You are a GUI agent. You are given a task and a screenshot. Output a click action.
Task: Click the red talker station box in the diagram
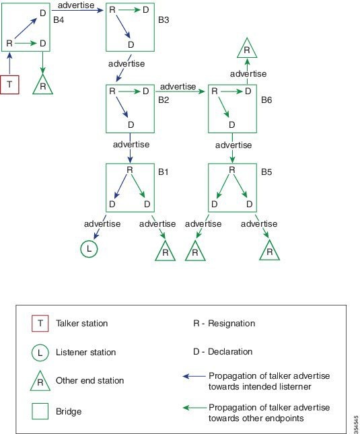coord(9,84)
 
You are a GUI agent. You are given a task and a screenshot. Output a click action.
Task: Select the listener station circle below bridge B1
coord(89,249)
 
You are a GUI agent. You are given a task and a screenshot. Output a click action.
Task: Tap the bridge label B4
coord(59,20)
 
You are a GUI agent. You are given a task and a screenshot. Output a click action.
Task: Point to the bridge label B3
coord(164,20)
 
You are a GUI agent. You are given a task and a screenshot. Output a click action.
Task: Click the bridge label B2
coord(164,100)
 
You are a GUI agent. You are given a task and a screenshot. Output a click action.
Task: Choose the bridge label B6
coord(266,100)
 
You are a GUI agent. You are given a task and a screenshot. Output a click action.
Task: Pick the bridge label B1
coord(164,172)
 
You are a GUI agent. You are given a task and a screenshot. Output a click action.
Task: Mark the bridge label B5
coord(266,172)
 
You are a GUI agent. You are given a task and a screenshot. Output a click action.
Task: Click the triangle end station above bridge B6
coord(247,49)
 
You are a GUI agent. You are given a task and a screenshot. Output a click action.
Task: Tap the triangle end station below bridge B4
coord(42,85)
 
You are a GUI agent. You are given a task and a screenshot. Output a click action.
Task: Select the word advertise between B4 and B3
coord(76,5)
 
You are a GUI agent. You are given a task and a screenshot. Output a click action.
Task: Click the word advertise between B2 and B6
coord(178,87)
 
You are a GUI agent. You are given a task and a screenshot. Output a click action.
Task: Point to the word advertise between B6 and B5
coord(233,145)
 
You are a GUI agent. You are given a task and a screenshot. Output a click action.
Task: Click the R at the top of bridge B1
coord(129,170)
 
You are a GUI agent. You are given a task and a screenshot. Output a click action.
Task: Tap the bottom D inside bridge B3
coord(131,44)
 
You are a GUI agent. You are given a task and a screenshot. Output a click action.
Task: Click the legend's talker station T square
coord(40,323)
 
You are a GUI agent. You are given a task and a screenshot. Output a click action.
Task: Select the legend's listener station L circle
coord(40,353)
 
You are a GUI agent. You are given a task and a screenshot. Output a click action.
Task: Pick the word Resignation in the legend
coord(231,323)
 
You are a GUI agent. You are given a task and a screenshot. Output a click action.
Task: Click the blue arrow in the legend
coord(194,376)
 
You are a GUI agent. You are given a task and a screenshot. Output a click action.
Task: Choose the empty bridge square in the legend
coord(40,411)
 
